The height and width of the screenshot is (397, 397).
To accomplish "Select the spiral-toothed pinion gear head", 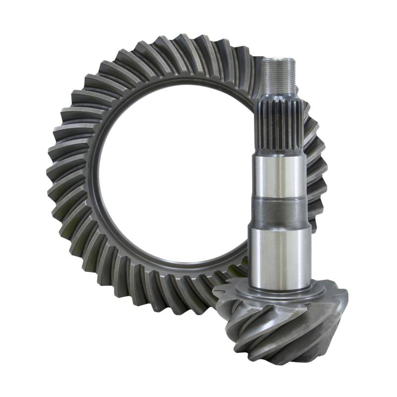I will [283, 323].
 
